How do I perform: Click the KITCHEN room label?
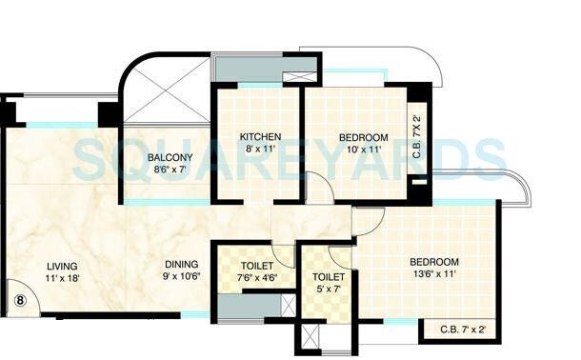point(260,136)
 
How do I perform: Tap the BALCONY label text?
point(170,157)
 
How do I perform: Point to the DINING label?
point(180,264)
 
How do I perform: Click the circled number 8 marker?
point(19,300)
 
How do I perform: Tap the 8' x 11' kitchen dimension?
point(260,150)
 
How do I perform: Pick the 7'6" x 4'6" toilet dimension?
point(257,278)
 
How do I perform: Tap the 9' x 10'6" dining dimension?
point(180,277)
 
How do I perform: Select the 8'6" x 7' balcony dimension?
point(170,170)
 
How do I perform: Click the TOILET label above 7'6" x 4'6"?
point(257,266)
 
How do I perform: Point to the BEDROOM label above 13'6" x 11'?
point(434,262)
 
